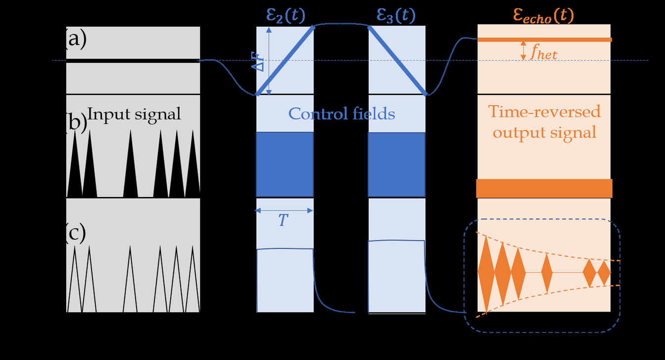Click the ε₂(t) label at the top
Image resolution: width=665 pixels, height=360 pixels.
click(x=285, y=15)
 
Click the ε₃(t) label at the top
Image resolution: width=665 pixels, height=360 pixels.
click(x=396, y=15)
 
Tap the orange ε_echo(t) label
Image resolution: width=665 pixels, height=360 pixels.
click(x=543, y=15)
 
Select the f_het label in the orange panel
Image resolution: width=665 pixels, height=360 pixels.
click(x=543, y=52)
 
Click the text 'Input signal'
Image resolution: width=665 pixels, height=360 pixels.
click(x=134, y=114)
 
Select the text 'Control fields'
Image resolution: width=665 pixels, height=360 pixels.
click(x=341, y=114)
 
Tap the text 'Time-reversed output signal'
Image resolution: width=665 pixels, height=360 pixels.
click(x=544, y=122)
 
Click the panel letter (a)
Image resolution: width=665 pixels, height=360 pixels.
click(x=76, y=39)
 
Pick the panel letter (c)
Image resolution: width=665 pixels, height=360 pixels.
click(x=76, y=233)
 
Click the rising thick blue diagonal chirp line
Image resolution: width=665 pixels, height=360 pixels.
click(x=285, y=60)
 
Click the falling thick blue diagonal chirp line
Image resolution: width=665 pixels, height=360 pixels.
click(x=397, y=60)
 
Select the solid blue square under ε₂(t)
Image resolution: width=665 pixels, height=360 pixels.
click(x=285, y=164)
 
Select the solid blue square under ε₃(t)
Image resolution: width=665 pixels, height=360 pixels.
click(x=397, y=164)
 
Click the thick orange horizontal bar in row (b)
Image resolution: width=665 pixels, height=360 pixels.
click(x=544, y=188)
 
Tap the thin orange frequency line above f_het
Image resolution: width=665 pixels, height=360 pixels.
click(x=544, y=40)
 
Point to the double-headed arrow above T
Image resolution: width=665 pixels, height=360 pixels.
click(x=284, y=211)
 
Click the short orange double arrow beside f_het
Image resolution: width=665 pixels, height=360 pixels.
click(x=523, y=50)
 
